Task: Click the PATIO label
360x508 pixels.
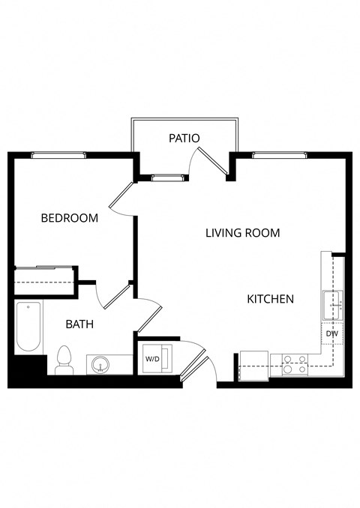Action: click(x=184, y=138)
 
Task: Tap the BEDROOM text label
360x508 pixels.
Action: click(x=69, y=218)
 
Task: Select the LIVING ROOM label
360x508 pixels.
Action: click(x=242, y=233)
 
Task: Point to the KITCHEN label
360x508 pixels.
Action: click(x=270, y=299)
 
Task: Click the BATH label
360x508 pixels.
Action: click(x=79, y=324)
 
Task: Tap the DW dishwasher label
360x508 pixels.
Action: click(x=331, y=334)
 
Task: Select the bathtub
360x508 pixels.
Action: click(x=29, y=326)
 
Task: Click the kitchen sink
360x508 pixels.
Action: click(x=332, y=305)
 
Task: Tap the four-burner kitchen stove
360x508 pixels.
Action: click(x=293, y=365)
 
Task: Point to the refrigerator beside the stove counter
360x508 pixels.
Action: click(x=253, y=366)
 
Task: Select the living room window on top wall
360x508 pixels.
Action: click(x=280, y=155)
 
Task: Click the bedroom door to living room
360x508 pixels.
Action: click(x=121, y=198)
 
